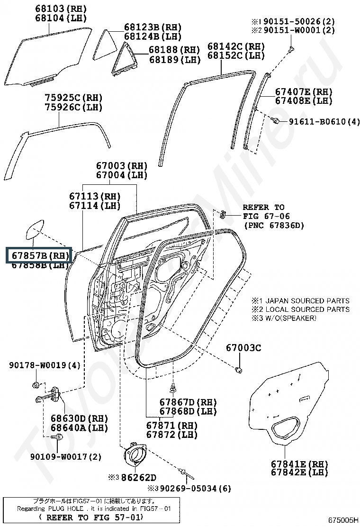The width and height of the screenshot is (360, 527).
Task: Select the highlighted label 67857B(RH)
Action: (x=38, y=255)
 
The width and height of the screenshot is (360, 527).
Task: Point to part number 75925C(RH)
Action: (x=73, y=98)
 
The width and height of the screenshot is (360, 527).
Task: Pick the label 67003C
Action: (x=243, y=348)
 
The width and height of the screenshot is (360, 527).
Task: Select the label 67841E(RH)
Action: (x=299, y=463)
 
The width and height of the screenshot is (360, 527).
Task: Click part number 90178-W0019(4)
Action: (x=45, y=365)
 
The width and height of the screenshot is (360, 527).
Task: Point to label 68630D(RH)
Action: (x=79, y=418)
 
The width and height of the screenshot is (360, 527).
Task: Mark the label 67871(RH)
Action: (x=171, y=425)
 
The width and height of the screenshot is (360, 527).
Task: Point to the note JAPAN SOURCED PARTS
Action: (x=306, y=300)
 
